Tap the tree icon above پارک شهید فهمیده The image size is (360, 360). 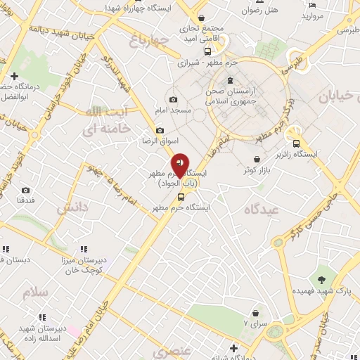click(x=323, y=271)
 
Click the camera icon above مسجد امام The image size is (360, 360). click(x=174, y=99)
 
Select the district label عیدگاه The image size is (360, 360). click(x=260, y=210)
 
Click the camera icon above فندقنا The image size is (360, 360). click(x=26, y=190)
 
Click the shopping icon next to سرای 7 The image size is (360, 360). click(x=255, y=311)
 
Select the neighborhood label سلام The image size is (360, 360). click(x=36, y=292)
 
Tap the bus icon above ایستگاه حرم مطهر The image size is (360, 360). click(x=181, y=198)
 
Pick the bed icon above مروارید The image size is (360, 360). click(x=312, y=5)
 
